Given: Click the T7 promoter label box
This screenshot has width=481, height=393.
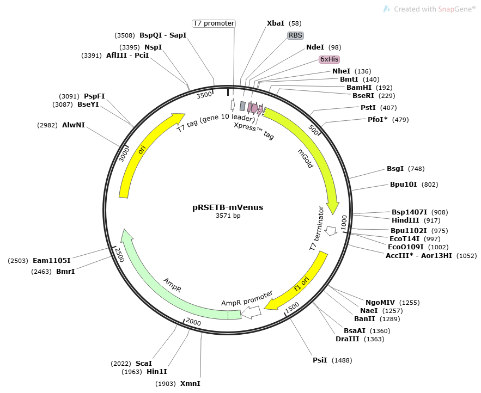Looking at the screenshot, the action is tap(214, 23).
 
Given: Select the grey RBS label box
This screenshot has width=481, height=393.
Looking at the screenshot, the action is tap(295, 35).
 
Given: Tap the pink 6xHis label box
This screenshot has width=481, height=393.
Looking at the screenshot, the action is tap(330, 59).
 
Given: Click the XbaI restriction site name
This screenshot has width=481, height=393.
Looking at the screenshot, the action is tap(276, 23).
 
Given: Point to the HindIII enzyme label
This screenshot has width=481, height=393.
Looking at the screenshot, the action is tap(405, 220).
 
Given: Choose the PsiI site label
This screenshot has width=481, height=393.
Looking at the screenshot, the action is tap(320, 360).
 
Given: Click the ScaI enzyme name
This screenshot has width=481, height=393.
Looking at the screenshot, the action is tap(144, 364).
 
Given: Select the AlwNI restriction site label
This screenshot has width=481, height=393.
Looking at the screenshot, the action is tap(74, 125).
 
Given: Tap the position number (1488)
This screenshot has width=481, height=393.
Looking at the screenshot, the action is tap(342, 360).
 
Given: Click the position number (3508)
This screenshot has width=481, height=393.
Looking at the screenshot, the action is tap(125, 35).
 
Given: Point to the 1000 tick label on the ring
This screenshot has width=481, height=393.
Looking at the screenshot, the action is tap(344, 223).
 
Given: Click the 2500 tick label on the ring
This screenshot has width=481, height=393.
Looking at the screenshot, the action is tap(119, 255).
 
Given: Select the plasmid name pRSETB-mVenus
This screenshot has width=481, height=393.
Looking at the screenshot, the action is tap(228, 207).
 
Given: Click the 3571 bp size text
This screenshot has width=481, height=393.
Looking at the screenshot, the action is tap(228, 216).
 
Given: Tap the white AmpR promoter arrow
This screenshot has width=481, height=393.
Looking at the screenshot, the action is tap(251, 312).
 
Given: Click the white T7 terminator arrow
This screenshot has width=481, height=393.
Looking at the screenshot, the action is tap(331, 231).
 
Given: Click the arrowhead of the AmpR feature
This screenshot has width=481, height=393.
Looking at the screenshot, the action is tap(127, 235).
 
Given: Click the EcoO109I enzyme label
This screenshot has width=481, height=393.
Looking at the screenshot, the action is tap(405, 247).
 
